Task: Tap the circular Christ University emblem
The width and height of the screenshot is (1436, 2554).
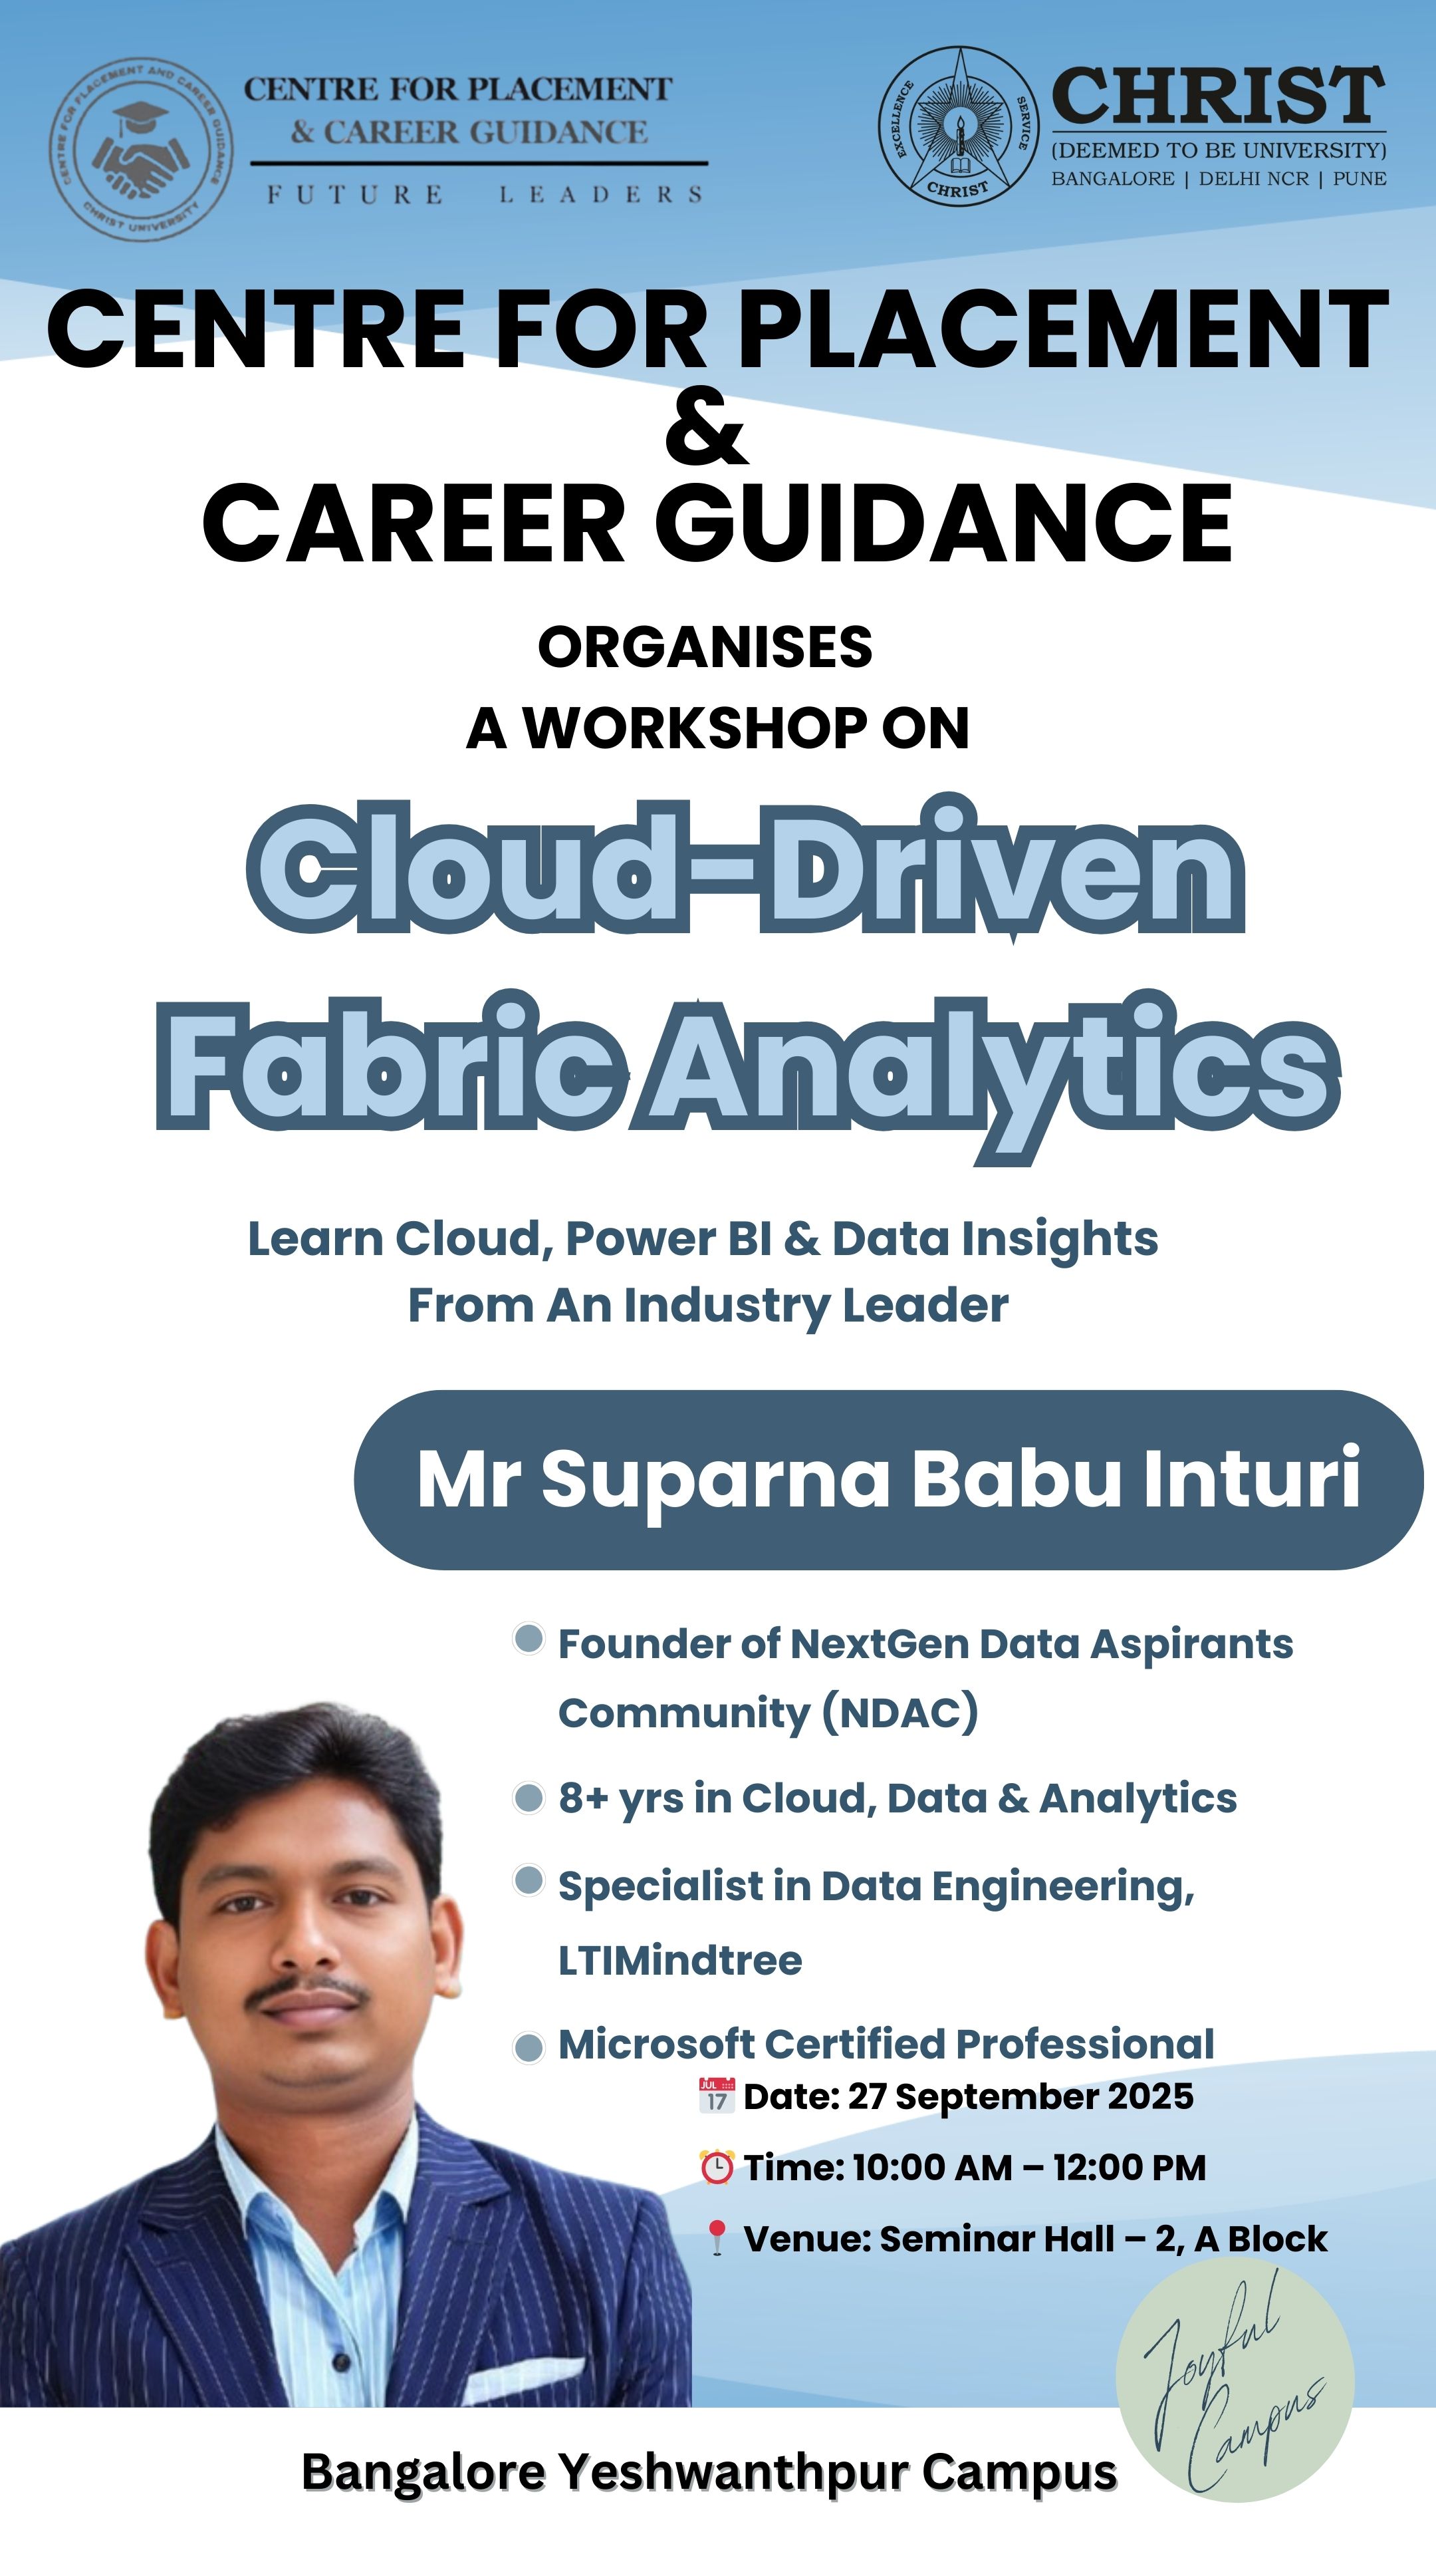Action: [958, 125]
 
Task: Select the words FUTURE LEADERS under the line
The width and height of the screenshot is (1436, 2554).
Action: [485, 194]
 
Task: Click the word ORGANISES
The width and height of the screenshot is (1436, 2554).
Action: [705, 646]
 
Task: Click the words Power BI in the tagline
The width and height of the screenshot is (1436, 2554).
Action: [668, 1238]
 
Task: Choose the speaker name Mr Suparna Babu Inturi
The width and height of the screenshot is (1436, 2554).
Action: [889, 1479]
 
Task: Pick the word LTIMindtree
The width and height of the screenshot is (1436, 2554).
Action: [680, 1960]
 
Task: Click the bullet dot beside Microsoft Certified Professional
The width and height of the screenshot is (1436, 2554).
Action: [529, 2047]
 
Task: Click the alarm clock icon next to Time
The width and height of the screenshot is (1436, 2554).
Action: [717, 2168]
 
